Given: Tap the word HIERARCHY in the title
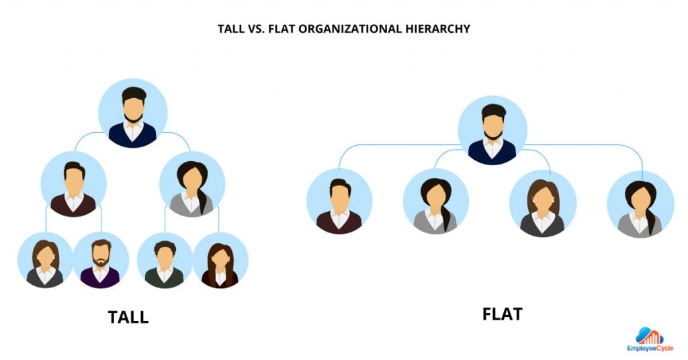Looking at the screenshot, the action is coord(436,30).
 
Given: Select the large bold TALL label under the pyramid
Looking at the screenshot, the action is coord(128,316).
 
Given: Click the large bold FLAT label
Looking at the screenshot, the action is coord(502,314).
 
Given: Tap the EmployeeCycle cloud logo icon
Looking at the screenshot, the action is coord(649,336).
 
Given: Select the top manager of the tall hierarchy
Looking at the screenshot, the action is coord(133,113).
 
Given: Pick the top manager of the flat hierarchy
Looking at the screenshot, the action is coord(492,130).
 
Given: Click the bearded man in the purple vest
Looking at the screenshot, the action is coord(100,260).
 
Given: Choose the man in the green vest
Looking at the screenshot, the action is coord(165,261).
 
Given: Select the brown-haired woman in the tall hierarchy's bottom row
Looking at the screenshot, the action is coord(45,261).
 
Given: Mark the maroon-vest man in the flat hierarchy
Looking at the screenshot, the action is coord(339,201).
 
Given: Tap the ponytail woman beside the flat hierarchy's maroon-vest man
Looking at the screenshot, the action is coord(436,201).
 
